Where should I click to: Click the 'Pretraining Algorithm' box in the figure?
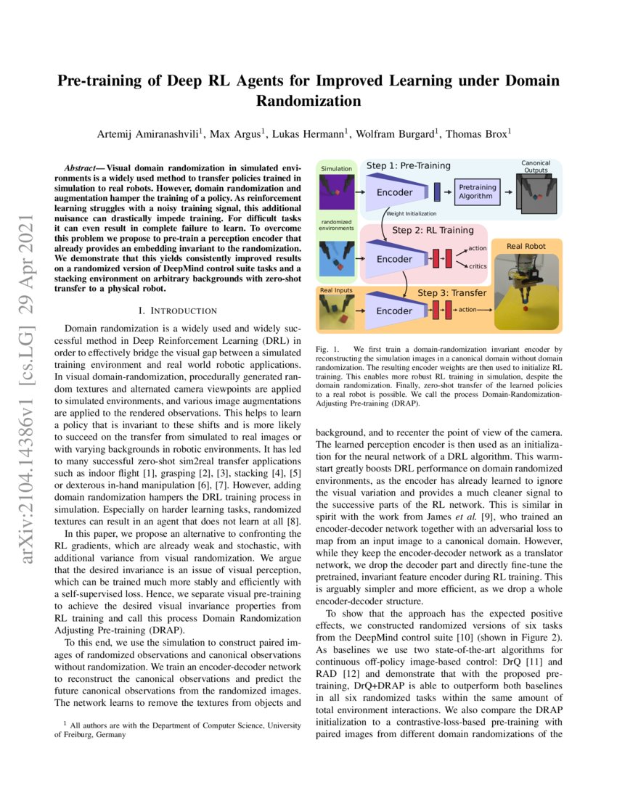[x=475, y=192]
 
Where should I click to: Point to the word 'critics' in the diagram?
[x=477, y=266]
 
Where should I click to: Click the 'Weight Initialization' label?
[x=412, y=214]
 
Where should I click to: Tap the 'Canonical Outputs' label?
[x=536, y=167]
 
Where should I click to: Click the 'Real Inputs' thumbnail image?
[x=337, y=313]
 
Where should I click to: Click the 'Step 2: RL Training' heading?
[x=432, y=230]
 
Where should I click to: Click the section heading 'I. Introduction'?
[x=179, y=310]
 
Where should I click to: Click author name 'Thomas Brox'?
[x=477, y=133]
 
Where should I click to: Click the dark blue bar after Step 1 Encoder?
[x=437, y=192]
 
